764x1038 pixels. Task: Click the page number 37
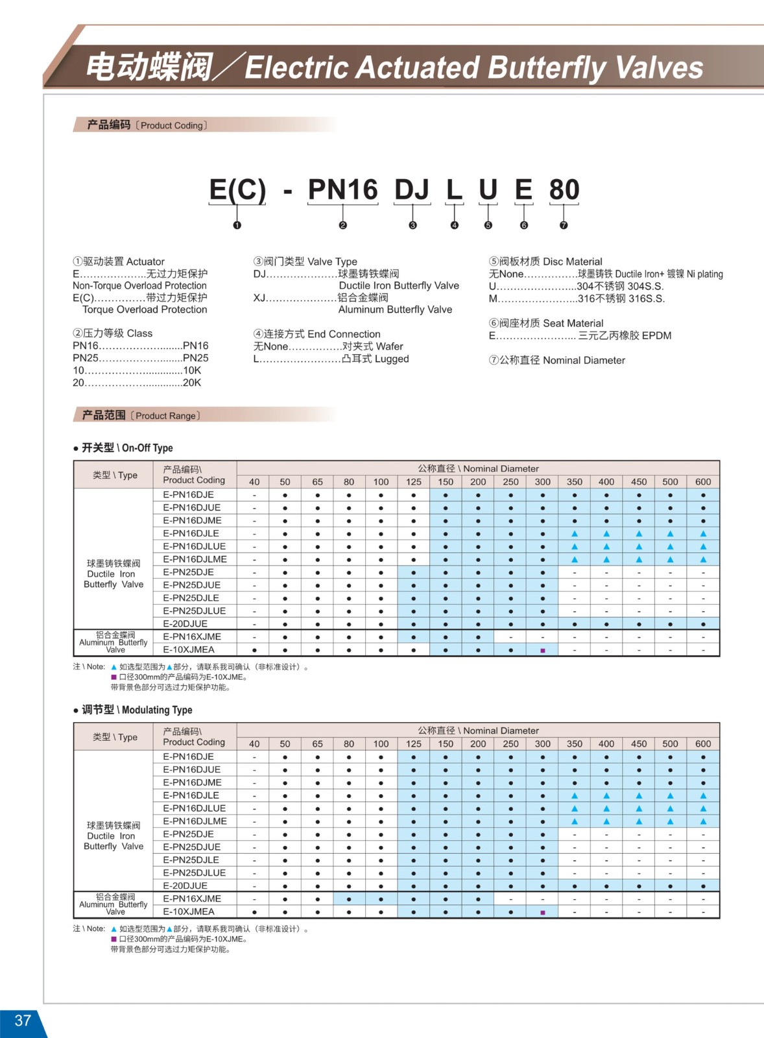23,1020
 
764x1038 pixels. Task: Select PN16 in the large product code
342,189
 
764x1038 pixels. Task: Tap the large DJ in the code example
412,189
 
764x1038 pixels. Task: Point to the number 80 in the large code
564,189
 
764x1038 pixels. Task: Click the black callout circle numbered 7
564,225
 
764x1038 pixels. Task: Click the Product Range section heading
141,415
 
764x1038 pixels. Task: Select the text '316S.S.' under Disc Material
646,298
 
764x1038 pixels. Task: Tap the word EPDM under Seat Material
656,335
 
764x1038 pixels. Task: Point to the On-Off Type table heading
127,448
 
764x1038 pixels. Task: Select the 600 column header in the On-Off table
703,481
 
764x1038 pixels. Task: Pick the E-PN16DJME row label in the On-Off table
192,520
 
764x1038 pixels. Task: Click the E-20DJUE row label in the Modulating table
185,886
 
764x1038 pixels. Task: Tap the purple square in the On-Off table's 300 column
543,650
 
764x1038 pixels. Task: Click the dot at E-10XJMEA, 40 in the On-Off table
254,650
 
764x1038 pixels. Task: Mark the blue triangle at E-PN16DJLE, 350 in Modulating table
575,795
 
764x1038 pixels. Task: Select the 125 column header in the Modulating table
414,743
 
